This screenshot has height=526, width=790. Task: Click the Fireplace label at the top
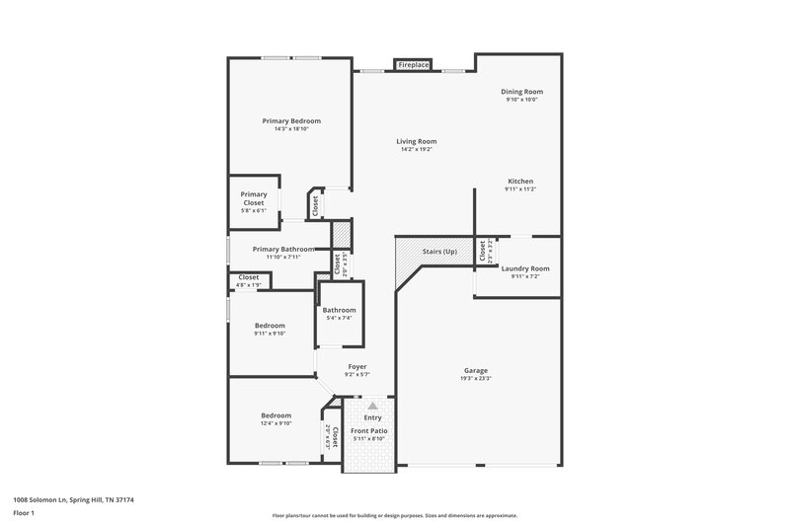[414, 65]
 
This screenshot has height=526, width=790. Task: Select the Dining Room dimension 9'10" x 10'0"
[522, 100]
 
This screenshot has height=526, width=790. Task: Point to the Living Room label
[417, 141]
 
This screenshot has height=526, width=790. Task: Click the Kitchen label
[520, 182]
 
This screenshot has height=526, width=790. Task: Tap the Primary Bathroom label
[283, 249]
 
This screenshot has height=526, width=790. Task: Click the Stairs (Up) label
[440, 251]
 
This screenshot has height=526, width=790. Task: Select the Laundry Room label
[525, 268]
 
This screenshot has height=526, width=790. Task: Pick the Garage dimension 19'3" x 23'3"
[475, 379]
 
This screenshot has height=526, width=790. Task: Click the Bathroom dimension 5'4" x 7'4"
[339, 318]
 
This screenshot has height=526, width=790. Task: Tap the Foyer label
[356, 366]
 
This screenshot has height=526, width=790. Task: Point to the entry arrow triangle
[372, 405]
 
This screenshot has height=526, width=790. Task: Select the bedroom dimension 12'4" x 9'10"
[276, 424]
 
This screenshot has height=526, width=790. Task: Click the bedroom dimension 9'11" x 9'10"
[270, 334]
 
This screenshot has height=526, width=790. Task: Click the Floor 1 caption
[24, 513]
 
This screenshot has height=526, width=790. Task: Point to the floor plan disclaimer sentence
[394, 515]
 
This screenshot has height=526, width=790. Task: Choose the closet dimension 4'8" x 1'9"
[249, 285]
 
